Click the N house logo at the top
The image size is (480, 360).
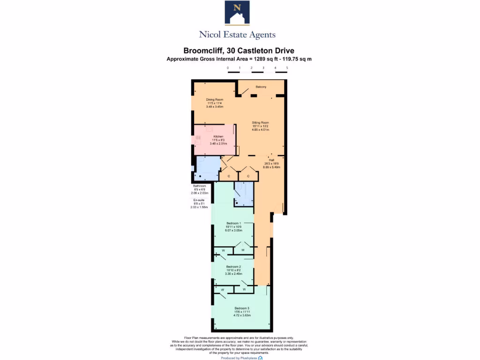(x=237, y=13)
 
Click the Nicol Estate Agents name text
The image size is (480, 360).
(x=237, y=35)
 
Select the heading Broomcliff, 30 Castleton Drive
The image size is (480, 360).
(x=239, y=51)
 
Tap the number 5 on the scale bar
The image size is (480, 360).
(x=287, y=68)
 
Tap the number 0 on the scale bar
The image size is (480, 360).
(x=228, y=68)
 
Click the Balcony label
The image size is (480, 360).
(x=261, y=87)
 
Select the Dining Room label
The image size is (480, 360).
(x=215, y=99)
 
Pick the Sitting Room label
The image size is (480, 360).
(x=260, y=122)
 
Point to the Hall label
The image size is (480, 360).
(x=272, y=160)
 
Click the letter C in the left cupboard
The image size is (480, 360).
(x=229, y=176)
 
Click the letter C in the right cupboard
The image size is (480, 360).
(x=248, y=176)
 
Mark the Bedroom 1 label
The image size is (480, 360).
(x=233, y=223)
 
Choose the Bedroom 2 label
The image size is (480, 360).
(x=233, y=266)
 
